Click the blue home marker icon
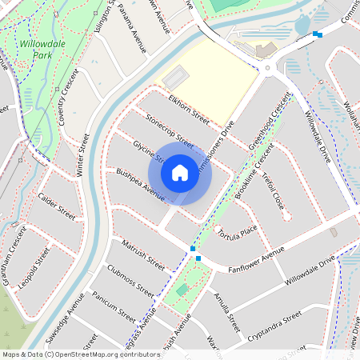180,172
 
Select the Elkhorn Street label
189,110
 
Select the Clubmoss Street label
130,279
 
